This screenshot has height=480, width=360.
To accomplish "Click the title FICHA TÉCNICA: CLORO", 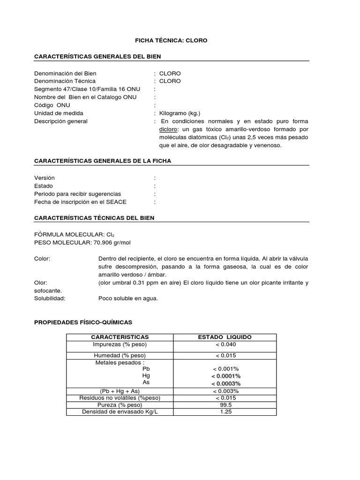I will coord(171,41).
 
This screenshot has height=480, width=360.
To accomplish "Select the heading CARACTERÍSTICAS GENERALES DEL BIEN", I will coord(97,56).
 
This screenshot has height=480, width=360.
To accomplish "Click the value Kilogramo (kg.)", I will coord(180,113).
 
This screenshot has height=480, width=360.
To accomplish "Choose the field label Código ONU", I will coord(52,105).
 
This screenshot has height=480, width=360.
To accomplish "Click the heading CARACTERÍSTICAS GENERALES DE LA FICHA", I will coord(103,161).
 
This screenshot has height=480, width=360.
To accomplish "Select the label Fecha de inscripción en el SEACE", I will coord(80,202).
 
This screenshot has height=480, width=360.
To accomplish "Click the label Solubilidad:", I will coord(50,299).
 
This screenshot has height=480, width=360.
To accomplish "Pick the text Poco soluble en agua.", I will coord(128,299).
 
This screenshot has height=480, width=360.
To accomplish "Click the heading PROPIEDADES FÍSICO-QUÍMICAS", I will coord(83,322).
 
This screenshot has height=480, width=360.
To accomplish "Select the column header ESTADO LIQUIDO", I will coord(225,337).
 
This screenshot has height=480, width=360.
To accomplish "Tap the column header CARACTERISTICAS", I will coord(120,337).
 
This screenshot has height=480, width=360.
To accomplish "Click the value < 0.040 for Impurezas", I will coord(225,345).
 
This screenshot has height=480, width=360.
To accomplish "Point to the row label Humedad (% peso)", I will coord(120,356).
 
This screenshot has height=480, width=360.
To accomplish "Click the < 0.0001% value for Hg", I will coord(225,376).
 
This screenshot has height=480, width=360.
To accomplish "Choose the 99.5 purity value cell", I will coord(225,405).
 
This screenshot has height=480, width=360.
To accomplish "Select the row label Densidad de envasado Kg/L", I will coord(120,412).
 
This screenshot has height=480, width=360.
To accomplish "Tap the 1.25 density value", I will coord(225,412).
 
